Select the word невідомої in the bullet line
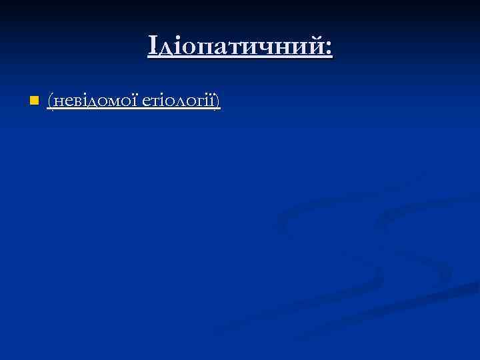click(95, 101)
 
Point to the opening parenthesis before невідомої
click(50, 102)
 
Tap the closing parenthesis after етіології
click(218, 102)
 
